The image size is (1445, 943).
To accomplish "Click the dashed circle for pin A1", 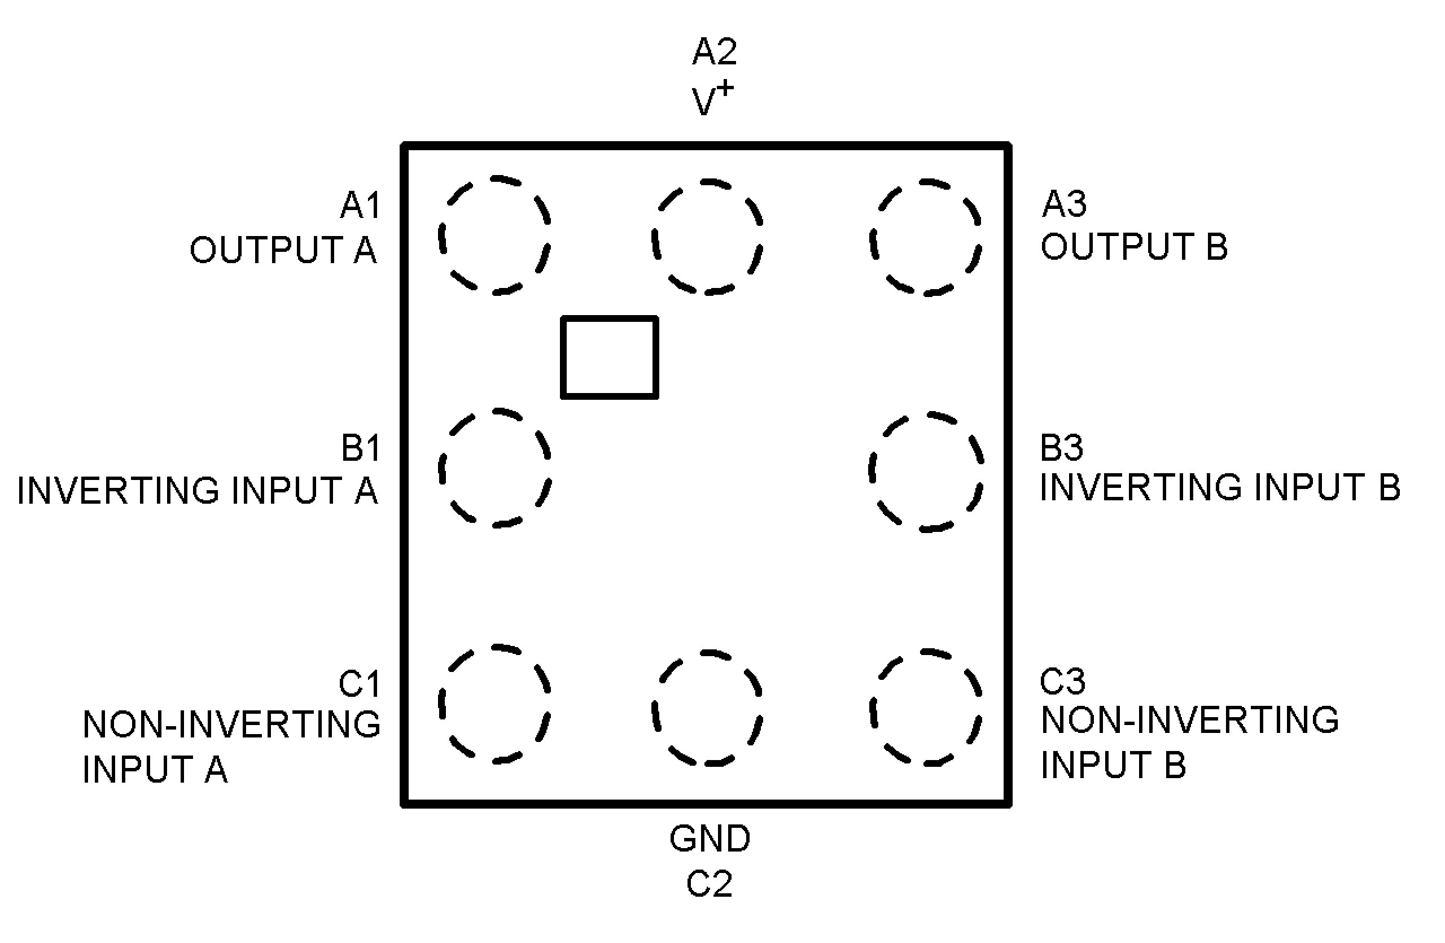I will [x=494, y=235].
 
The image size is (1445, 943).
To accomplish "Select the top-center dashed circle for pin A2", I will [x=707, y=237].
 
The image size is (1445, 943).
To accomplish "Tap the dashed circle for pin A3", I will [x=925, y=237].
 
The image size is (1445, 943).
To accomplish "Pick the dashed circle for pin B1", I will [x=494, y=468].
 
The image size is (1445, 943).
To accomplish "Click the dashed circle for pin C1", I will [x=494, y=704].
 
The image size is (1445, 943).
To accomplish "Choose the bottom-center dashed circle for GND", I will [x=707, y=708].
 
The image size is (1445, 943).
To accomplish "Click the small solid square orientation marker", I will [x=609, y=357].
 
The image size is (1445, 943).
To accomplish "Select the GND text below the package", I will [x=710, y=839].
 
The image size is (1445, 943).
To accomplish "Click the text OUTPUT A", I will [x=283, y=250].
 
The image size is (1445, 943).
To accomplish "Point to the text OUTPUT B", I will [x=1133, y=247].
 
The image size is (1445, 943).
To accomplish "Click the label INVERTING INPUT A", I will [x=198, y=490].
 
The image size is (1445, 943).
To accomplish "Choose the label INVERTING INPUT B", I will [x=1220, y=487].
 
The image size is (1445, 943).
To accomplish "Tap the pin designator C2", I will [x=708, y=884].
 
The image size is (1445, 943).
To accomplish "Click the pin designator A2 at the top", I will [x=715, y=51].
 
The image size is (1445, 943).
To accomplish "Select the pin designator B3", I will [x=1061, y=448].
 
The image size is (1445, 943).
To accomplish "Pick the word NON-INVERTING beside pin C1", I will [x=231, y=724].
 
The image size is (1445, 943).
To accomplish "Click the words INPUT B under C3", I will [x=1113, y=765].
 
